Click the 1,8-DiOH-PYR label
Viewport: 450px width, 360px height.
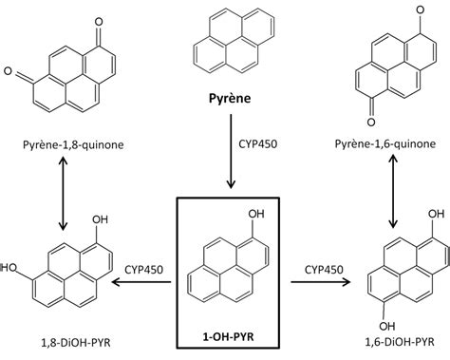[x=63, y=338]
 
